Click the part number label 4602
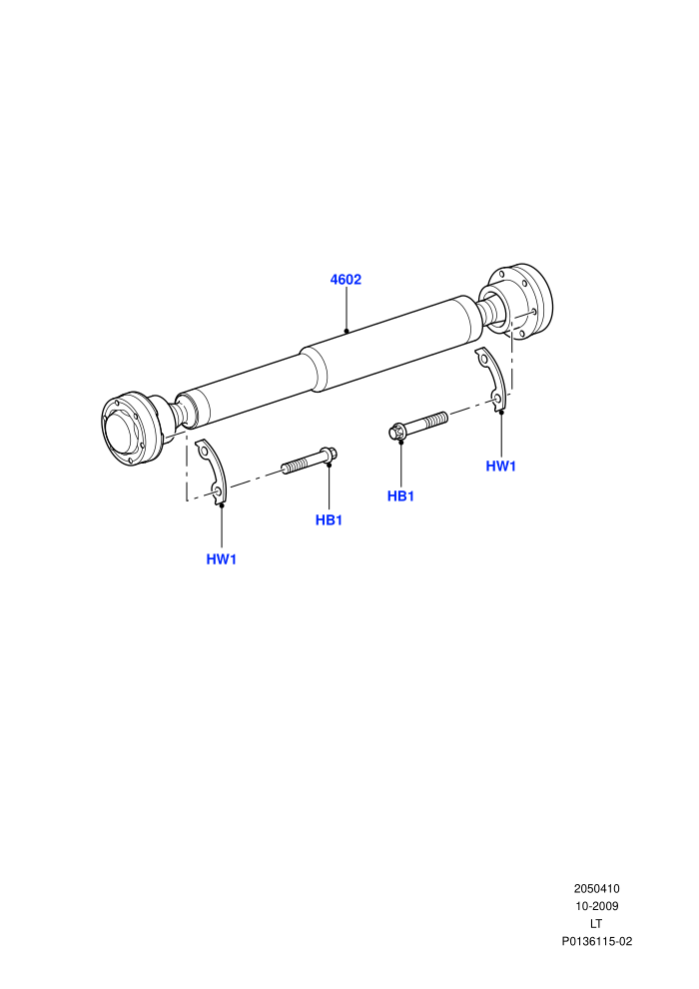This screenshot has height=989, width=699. [346, 280]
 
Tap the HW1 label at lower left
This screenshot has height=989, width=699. [222, 559]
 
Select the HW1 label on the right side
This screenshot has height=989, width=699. [501, 467]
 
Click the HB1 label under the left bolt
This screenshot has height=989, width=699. [329, 520]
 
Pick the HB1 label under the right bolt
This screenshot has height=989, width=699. [400, 496]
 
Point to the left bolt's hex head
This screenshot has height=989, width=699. [329, 454]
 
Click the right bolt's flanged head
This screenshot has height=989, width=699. [396, 432]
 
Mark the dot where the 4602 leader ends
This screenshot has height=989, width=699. [347, 331]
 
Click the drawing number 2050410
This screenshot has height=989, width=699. [596, 889]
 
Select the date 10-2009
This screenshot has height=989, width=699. [596, 906]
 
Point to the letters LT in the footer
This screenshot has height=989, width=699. [596, 924]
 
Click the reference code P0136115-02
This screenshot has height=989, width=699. [597, 942]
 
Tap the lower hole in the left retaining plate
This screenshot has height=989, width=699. [217, 492]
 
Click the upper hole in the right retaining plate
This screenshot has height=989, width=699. [483, 361]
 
